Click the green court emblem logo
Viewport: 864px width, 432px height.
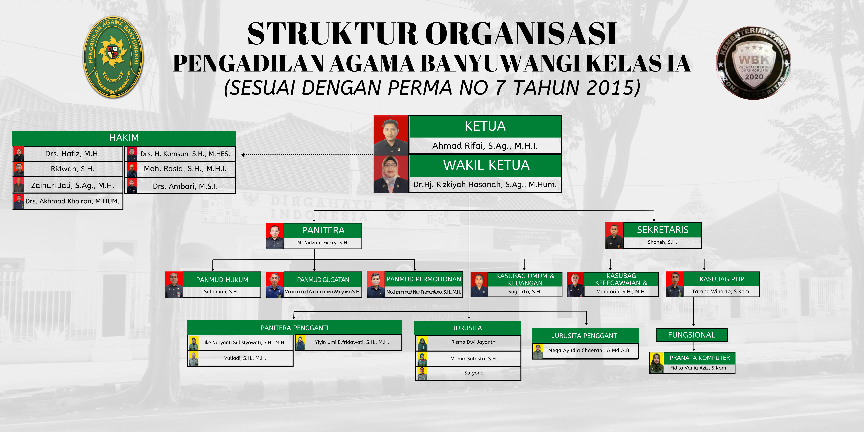pyautogui.click(x=113, y=57)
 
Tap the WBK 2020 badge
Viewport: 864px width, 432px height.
pyautogui.click(x=753, y=63)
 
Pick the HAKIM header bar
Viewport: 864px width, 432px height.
pyautogui.click(x=124, y=138)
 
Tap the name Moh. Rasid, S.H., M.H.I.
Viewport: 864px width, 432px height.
pyautogui.click(x=185, y=169)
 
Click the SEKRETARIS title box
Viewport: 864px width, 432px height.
pyautogui.click(x=662, y=230)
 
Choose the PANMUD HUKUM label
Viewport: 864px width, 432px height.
pyautogui.click(x=222, y=280)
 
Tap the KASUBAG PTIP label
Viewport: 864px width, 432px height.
pyautogui.click(x=722, y=279)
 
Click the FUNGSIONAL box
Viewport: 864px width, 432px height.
pyautogui.click(x=692, y=335)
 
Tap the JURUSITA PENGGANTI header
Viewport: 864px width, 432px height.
pyautogui.click(x=585, y=336)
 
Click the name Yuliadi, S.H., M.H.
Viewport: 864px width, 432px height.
pyautogui.click(x=245, y=358)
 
